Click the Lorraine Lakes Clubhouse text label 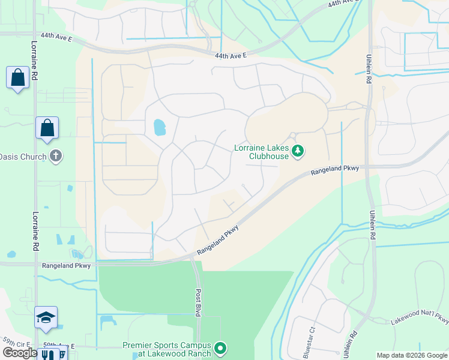(261, 152)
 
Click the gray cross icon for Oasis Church (56, 156)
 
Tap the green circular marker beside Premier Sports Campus (220, 348)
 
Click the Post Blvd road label (197, 302)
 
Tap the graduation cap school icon (46, 317)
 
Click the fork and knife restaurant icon (48, 354)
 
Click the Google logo (20, 353)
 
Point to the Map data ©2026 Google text (411, 355)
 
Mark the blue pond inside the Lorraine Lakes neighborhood (159, 127)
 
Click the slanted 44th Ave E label (343, 4)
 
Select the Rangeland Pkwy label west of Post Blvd (66, 265)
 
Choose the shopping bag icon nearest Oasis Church (47, 128)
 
